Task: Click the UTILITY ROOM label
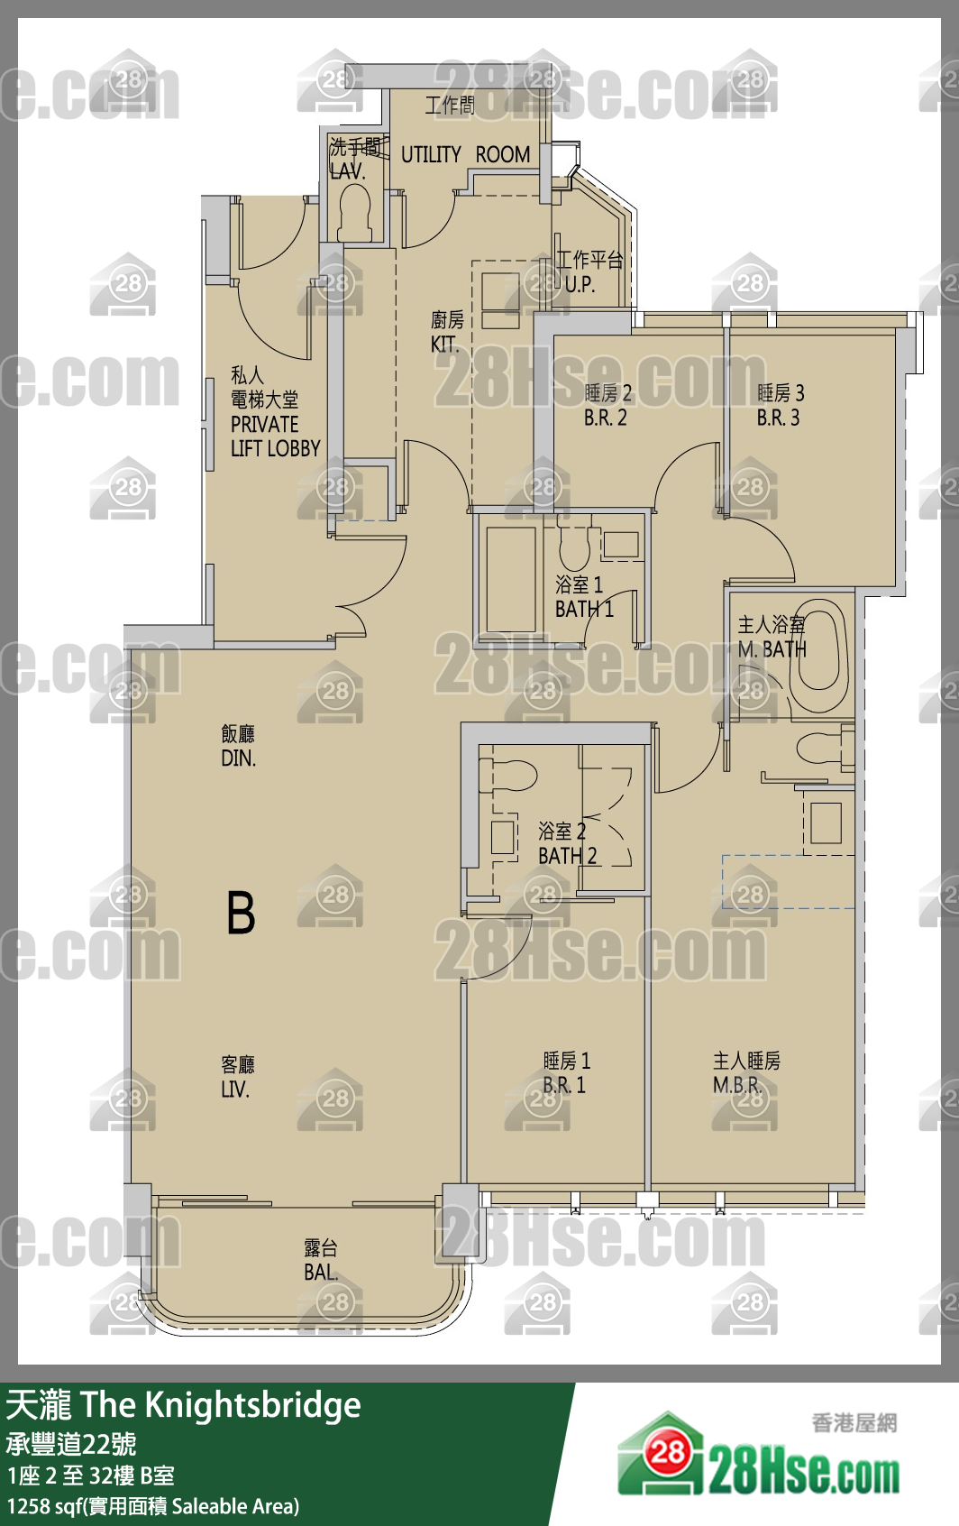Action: (x=466, y=154)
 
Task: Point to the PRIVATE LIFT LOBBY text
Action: (x=275, y=436)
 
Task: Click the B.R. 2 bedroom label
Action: (x=605, y=418)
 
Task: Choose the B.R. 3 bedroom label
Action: (x=778, y=418)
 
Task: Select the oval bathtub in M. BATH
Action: (x=822, y=646)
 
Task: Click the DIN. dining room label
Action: (x=238, y=758)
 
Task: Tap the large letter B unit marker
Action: (x=241, y=913)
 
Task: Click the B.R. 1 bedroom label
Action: (x=564, y=1085)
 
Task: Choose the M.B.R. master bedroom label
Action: (x=737, y=1085)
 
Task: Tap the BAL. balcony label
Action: (x=321, y=1272)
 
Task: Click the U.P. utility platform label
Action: (x=580, y=285)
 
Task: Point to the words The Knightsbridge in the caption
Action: (x=221, y=1405)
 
